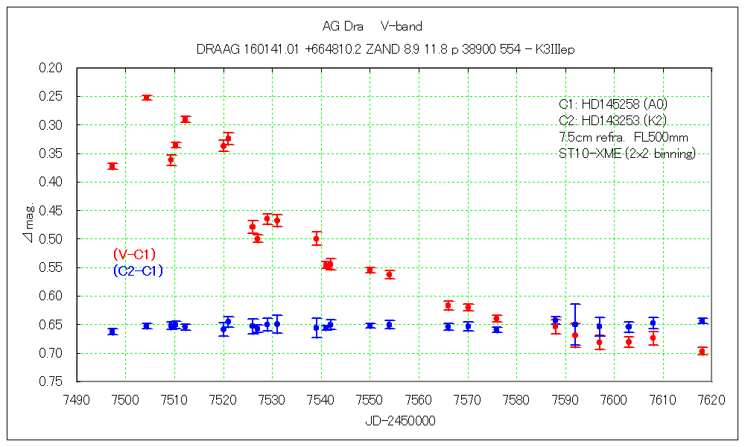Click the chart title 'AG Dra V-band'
coord(372,27)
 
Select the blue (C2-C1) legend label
coord(138,271)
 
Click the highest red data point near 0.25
coord(147,98)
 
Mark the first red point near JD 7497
coord(112,166)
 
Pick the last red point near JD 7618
coord(702,351)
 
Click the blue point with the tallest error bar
coord(575,324)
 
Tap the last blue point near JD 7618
coord(702,320)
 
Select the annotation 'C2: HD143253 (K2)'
coord(612,121)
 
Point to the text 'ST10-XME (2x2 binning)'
coord(627,154)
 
